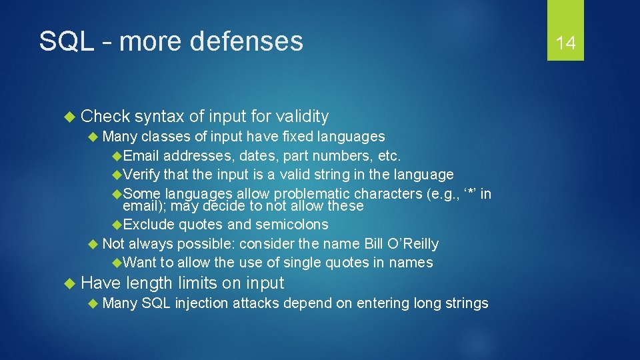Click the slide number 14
565,43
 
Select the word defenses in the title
246,41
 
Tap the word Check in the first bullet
105,117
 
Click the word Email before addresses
141,156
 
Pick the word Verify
141,175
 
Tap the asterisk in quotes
469,194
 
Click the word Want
139,263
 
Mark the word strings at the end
465,303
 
